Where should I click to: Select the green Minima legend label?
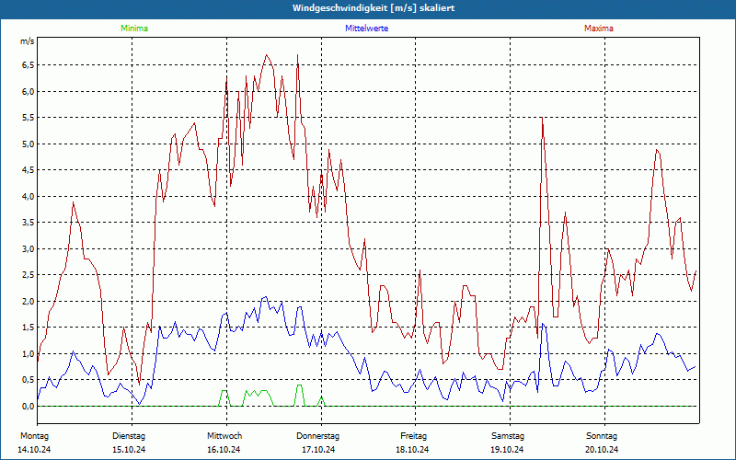click(x=133, y=29)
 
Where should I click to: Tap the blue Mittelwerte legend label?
click(x=366, y=29)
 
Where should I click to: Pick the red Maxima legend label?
click(x=598, y=29)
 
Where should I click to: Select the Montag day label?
click(x=34, y=435)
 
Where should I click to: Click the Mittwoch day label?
click(x=224, y=435)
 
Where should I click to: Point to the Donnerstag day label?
click(x=318, y=435)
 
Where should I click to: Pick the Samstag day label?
click(x=508, y=435)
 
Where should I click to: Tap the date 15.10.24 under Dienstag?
click(x=129, y=449)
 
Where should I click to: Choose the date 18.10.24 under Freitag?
click(x=412, y=449)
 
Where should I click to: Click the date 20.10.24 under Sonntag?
click(x=602, y=449)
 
